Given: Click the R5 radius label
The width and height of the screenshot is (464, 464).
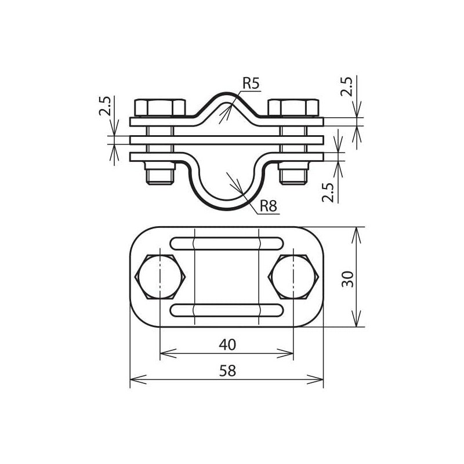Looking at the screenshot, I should (251, 84).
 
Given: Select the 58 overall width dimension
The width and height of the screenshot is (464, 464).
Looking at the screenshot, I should (228, 371).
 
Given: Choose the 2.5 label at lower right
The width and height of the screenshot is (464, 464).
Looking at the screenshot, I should (328, 191).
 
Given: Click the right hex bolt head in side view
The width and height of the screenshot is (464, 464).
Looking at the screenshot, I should (293, 108).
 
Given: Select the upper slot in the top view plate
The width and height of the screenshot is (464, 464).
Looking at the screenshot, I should (226, 243).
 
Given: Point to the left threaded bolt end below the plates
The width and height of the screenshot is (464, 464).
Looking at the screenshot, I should (160, 174).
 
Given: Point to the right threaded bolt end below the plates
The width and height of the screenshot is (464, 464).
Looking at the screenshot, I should (293, 174).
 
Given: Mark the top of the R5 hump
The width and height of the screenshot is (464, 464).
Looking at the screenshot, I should (226, 95).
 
